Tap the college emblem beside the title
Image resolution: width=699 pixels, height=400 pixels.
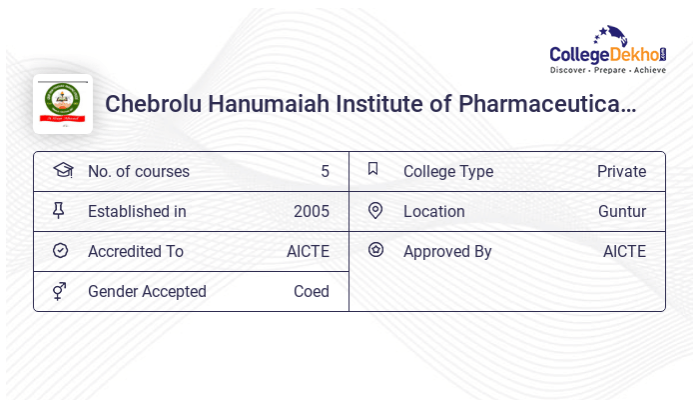pyautogui.click(x=63, y=104)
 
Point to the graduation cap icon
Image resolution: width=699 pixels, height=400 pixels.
pyautogui.click(x=62, y=170)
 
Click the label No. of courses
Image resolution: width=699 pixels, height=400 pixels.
pyautogui.click(x=138, y=171)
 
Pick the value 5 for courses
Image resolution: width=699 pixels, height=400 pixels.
pyautogui.click(x=325, y=171)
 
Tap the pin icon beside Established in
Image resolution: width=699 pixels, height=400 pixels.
pyautogui.click(x=59, y=210)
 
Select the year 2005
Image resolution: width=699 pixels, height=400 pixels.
pyautogui.click(x=311, y=211)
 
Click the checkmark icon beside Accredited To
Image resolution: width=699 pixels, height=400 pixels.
pyautogui.click(x=60, y=250)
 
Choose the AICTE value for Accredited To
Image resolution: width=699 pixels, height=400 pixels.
pyautogui.click(x=308, y=251)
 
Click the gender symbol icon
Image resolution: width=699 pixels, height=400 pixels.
pyautogui.click(x=60, y=290)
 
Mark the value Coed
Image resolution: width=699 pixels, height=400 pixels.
pyautogui.click(x=311, y=291)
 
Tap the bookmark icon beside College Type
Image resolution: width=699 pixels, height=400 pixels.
pyautogui.click(x=373, y=169)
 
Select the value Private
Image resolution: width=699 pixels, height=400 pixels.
pyautogui.click(x=621, y=171)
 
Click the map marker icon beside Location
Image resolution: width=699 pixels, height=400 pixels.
pyautogui.click(x=375, y=210)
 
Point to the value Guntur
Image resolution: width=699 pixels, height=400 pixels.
pyautogui.click(x=622, y=211)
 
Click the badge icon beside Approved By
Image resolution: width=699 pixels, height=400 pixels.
pyautogui.click(x=375, y=250)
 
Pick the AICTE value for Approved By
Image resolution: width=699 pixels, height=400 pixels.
pyautogui.click(x=624, y=251)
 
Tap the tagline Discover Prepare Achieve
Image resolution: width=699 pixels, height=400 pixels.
pyautogui.click(x=607, y=71)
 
